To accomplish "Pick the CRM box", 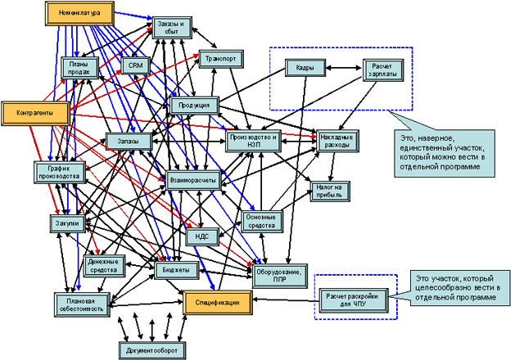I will [x=133, y=65].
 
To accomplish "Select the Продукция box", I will [x=194, y=106].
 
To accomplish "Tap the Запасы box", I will [x=129, y=141].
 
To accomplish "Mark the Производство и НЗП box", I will [x=255, y=139].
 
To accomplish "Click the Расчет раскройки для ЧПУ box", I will [x=351, y=300].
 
